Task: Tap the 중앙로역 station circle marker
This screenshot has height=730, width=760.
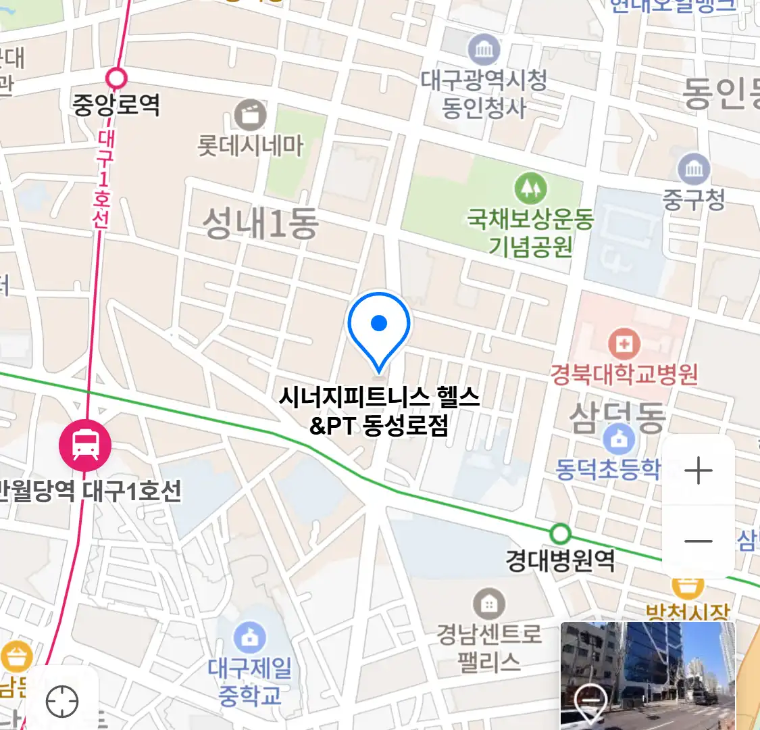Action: point(117,78)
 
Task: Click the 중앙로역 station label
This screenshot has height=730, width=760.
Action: point(116,105)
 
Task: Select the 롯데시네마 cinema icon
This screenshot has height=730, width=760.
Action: point(250,116)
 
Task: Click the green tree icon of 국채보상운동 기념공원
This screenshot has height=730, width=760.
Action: point(530,188)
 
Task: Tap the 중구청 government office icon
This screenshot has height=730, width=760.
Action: point(694,168)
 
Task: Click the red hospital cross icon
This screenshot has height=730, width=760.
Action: point(624,344)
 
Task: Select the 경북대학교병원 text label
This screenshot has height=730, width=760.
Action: point(624,374)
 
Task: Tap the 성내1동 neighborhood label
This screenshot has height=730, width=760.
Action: point(260,223)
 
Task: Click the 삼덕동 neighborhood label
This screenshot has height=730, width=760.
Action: point(617,417)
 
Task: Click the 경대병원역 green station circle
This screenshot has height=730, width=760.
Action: point(559,534)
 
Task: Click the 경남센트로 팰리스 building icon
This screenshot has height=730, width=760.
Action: point(488,603)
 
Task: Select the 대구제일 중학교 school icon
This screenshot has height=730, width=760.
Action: point(249,637)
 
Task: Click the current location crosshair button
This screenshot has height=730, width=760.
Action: point(62,702)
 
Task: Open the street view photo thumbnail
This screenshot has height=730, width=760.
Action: point(647,676)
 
